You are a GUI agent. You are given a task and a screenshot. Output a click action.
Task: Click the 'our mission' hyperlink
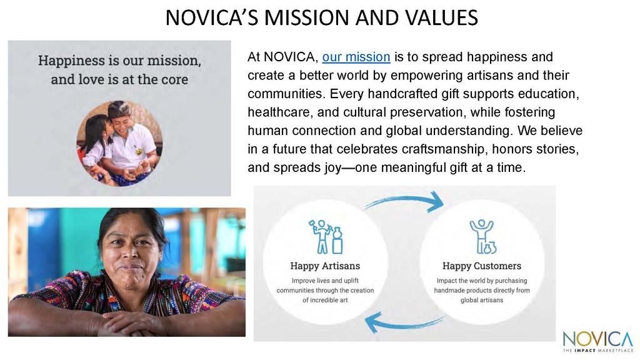click(x=356, y=57)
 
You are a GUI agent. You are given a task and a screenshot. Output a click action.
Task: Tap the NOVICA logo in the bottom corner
click(x=598, y=341)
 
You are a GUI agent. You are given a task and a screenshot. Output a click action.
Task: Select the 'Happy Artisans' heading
click(x=325, y=266)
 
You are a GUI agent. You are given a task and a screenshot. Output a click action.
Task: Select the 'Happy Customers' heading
click(x=482, y=266)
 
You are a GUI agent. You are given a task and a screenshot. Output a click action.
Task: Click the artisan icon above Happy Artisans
click(x=325, y=237)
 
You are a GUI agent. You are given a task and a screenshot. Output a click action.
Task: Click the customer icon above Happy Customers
click(x=482, y=237)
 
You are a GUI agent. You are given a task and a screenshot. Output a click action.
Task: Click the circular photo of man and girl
click(x=119, y=144)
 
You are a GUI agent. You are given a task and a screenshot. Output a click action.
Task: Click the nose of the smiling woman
click(x=131, y=254)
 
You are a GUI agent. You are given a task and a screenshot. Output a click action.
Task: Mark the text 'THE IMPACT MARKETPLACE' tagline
click(x=598, y=350)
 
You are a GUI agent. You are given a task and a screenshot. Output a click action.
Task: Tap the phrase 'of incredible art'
click(x=325, y=300)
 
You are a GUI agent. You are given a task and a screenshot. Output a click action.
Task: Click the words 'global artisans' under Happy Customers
click(x=482, y=301)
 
